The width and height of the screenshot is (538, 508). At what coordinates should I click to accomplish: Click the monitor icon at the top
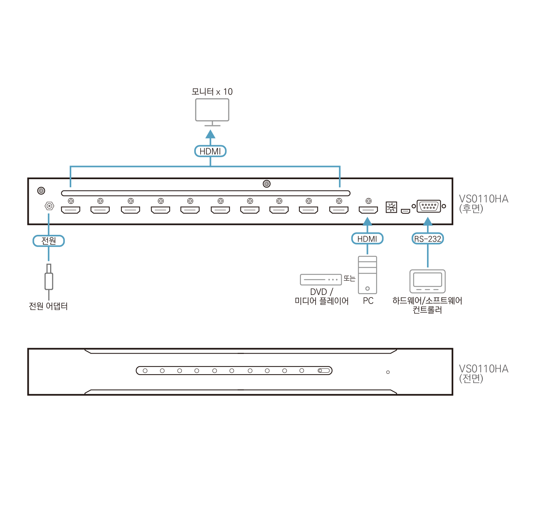tap(212, 110)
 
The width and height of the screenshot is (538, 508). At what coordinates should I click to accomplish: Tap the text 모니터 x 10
tap(212, 91)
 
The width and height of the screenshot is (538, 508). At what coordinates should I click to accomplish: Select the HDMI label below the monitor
tap(210, 151)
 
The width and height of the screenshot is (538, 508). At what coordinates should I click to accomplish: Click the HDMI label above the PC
tap(367, 239)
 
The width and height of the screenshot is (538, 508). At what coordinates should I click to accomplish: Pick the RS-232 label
tap(427, 239)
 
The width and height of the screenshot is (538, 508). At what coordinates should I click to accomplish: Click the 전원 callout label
tap(49, 241)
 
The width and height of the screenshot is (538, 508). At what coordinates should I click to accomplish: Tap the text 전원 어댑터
tap(48, 306)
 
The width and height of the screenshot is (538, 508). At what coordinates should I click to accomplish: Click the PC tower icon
tap(367, 275)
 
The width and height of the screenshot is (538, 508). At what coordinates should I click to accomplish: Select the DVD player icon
tap(321, 279)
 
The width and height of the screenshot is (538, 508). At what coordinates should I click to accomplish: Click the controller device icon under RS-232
tap(427, 281)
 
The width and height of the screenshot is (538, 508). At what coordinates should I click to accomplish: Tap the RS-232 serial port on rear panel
tap(428, 206)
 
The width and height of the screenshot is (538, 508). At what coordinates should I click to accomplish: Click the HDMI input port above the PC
tap(368, 210)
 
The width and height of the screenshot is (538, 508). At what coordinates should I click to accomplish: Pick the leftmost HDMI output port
tap(70, 210)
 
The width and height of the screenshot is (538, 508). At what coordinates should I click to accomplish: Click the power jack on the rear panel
tap(49, 206)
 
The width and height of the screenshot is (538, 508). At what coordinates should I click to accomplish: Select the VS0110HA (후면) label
tap(483, 203)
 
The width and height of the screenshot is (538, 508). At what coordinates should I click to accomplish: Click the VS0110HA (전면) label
tap(483, 373)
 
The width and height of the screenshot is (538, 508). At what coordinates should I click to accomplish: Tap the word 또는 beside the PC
tap(349, 278)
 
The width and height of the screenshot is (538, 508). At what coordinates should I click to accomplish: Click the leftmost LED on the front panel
tap(145, 370)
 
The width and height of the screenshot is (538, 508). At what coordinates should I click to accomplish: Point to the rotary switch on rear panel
tap(391, 207)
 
